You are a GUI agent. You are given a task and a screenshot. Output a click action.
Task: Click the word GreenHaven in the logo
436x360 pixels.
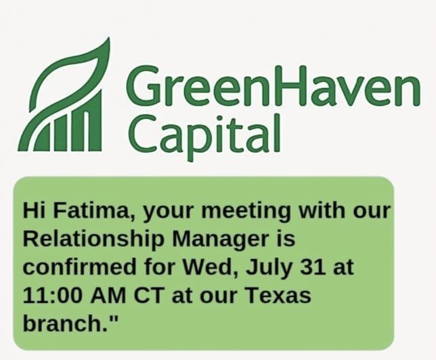(274, 87)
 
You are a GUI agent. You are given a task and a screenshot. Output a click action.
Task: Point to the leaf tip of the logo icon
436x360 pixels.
(108, 39)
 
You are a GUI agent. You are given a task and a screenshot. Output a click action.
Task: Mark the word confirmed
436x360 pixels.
(80, 267)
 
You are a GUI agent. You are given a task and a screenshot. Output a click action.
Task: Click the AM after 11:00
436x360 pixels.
(108, 295)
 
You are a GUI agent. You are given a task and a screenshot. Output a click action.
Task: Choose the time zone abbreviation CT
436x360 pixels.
(148, 295)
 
